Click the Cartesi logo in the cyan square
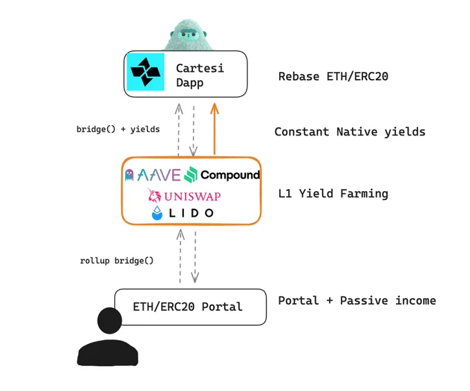click(145, 72)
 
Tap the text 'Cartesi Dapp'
click(200, 75)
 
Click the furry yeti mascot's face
click(188, 35)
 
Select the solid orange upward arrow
click(214, 129)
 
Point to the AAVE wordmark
click(159, 175)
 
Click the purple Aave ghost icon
click(129, 175)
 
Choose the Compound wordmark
click(230, 174)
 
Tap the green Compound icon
click(191, 174)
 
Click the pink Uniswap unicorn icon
click(154, 195)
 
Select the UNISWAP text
click(192, 197)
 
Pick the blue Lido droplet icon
click(157, 213)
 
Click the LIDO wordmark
click(191, 213)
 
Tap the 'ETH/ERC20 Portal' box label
click(187, 307)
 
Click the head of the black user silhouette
click(109, 320)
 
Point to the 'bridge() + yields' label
click(118, 129)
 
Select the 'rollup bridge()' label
click(117, 260)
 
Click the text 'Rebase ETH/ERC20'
click(333, 77)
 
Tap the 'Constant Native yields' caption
click(350, 132)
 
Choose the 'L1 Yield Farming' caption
click(333, 194)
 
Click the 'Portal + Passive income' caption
click(357, 300)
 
